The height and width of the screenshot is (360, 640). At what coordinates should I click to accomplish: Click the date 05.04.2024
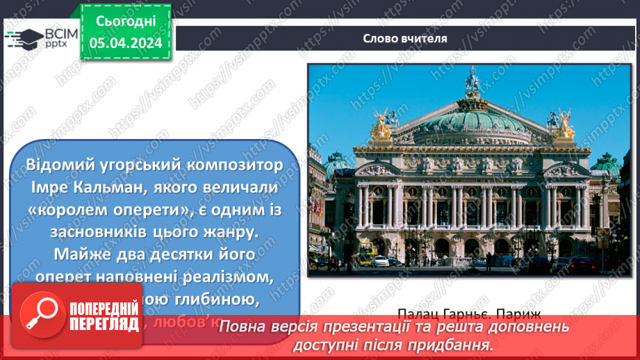coord(125,43)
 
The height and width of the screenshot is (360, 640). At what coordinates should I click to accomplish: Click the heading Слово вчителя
coord(404,38)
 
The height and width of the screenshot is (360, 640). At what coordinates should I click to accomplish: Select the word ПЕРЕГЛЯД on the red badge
coord(102,325)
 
